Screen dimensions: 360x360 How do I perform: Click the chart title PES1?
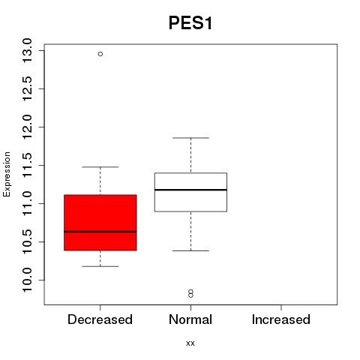190,23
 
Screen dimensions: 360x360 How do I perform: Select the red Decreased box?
100,223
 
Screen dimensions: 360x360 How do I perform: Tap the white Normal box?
190,192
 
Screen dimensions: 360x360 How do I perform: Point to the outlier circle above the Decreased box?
100,54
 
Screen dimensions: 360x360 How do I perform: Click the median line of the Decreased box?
100,232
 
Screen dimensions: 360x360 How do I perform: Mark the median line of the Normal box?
190,190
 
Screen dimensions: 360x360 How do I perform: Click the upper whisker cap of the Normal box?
190,138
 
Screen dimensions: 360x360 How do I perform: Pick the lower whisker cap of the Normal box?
190,250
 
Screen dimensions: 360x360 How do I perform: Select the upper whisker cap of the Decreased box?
100,166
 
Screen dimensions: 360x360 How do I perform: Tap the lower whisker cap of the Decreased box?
100,266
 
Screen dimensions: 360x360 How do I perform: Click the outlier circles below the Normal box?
190,294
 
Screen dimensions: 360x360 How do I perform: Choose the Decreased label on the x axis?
100,319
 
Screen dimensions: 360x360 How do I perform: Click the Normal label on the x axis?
190,319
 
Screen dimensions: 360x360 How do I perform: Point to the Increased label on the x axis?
281,319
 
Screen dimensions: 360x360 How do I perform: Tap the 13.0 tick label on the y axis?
27,51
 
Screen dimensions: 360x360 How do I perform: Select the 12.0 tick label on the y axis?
27,127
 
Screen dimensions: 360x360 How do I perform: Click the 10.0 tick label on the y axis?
27,280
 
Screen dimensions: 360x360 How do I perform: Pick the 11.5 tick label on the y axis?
27,165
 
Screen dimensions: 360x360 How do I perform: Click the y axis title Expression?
7,174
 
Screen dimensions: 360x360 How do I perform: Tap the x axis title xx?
190,343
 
